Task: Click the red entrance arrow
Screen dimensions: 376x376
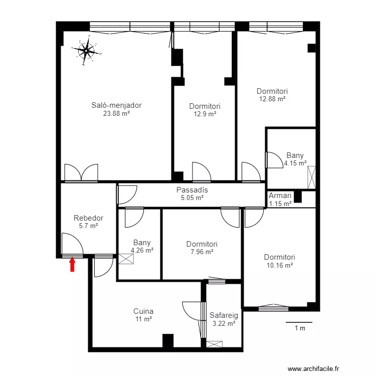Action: point(72,264)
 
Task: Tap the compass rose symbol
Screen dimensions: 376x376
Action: point(86,51)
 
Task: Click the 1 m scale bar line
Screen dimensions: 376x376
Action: point(299,322)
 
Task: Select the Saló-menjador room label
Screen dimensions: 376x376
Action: point(116,105)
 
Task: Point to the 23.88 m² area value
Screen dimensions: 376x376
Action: point(116,113)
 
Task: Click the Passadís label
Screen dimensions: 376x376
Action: point(192,190)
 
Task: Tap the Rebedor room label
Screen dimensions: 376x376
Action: point(88,218)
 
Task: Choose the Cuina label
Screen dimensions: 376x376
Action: point(143,311)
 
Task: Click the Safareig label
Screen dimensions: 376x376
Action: point(224,315)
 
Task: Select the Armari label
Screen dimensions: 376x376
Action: point(280,196)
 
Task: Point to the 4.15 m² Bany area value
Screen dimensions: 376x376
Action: point(295,163)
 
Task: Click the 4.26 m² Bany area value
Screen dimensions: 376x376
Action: point(142,250)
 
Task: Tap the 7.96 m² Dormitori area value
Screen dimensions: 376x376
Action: point(202,252)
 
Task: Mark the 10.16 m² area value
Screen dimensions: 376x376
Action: point(280,265)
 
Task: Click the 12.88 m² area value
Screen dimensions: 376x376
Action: point(272,99)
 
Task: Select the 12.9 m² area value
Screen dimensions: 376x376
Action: point(205,114)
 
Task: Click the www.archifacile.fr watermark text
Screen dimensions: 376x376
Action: point(313,368)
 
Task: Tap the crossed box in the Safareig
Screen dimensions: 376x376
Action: point(215,344)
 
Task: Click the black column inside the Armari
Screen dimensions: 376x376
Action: point(298,197)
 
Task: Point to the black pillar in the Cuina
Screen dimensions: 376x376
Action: point(168,340)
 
